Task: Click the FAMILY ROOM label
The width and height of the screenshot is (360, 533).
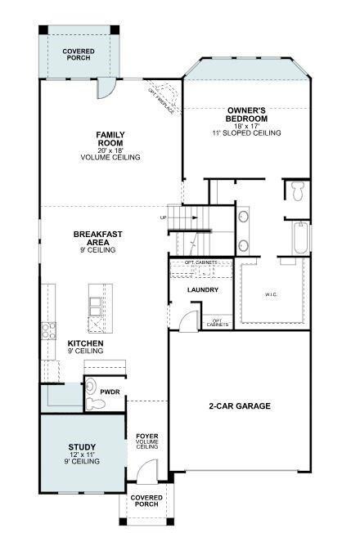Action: [x=110, y=138]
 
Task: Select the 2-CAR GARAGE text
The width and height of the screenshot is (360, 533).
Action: [x=238, y=406]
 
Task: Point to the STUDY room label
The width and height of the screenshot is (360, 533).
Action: [x=82, y=446]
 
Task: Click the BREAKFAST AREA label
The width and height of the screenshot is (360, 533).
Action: [x=98, y=238]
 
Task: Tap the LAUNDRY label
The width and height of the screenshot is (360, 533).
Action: [x=201, y=290]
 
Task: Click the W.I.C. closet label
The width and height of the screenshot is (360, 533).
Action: [x=272, y=294]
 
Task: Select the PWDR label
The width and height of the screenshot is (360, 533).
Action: [x=110, y=392]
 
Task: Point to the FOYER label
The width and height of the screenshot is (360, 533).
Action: [x=146, y=437]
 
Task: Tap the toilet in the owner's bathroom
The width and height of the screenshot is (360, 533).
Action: [x=298, y=191]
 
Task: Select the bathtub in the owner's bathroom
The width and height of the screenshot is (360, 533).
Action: [x=299, y=237]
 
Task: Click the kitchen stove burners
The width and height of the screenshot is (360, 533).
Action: [x=48, y=331]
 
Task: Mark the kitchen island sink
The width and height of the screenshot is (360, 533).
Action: [x=96, y=306]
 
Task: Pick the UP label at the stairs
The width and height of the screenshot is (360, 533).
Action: [x=164, y=218]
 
